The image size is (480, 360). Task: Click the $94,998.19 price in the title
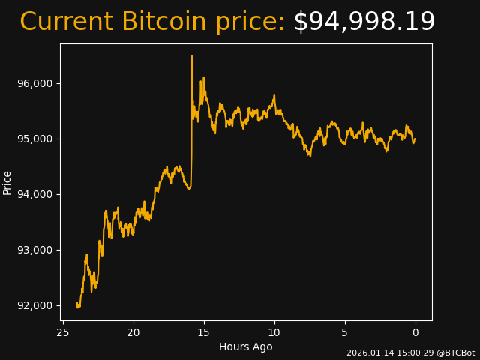click(x=364, y=22)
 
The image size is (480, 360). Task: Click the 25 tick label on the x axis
click(x=63, y=332)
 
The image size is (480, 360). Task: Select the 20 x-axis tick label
click(x=133, y=332)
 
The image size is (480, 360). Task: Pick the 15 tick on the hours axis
click(x=204, y=332)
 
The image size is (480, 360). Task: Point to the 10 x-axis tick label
click(x=274, y=332)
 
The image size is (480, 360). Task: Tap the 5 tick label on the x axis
click(x=345, y=332)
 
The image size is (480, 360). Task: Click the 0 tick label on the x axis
click(x=415, y=332)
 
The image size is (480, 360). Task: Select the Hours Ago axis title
click(x=246, y=346)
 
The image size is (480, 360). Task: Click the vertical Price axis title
click(x=7, y=182)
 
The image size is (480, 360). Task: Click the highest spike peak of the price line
click(x=192, y=56)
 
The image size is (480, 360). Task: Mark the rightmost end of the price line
click(x=415, y=138)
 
